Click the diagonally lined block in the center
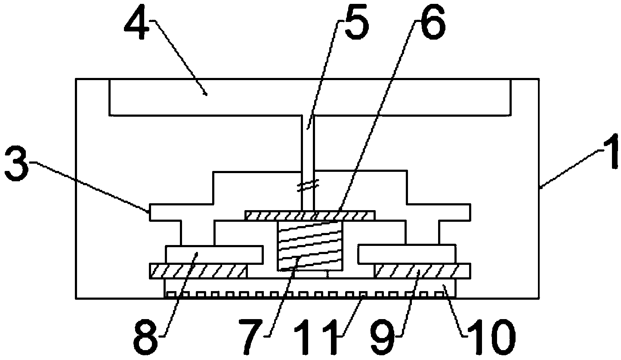[x=310, y=245]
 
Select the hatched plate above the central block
[x=310, y=215]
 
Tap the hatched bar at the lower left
[x=198, y=271]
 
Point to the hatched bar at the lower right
[x=423, y=271]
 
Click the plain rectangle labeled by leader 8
[x=214, y=254]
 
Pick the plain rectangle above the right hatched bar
[x=407, y=254]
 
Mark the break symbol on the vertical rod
[x=308, y=186]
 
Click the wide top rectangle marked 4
[x=310, y=97]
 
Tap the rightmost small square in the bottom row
[x=439, y=294]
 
